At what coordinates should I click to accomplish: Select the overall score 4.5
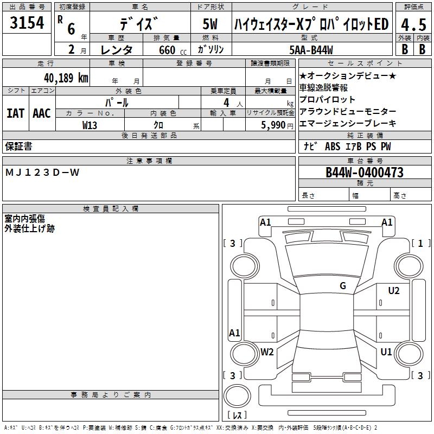pyautogui.click(x=412, y=25)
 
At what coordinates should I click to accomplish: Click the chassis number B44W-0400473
pyautogui.click(x=365, y=173)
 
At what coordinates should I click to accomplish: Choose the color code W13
pyautogui.click(x=90, y=124)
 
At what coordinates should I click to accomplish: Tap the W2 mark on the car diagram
pyautogui.click(x=266, y=352)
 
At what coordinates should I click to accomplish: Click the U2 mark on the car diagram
pyautogui.click(x=393, y=291)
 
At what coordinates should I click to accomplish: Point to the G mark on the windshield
pyautogui.click(x=342, y=286)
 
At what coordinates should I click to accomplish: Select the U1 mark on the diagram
pyautogui.click(x=386, y=352)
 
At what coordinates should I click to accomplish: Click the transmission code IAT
pyautogui.click(x=15, y=113)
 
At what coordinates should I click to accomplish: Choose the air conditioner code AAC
pyautogui.click(x=42, y=113)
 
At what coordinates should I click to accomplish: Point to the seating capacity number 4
pyautogui.click(x=226, y=102)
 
